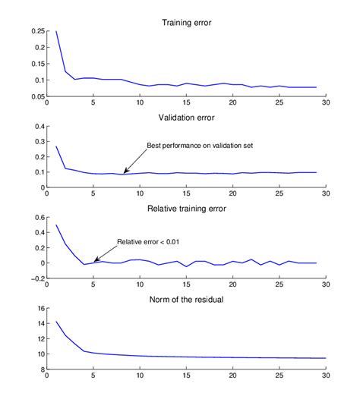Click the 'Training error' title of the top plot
186,23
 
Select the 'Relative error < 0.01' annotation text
147,242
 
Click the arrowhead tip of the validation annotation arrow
123,173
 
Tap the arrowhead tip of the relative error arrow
94,262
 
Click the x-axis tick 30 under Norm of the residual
326,377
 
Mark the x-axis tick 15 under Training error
186,102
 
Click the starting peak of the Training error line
56,32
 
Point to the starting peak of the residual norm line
56,322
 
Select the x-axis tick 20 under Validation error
232,194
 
